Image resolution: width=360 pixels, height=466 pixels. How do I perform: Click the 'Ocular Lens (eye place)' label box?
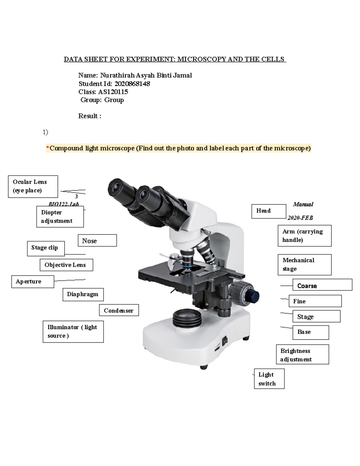pyautogui.click(x=33, y=186)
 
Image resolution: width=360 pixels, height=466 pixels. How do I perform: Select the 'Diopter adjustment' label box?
pyautogui.click(x=60, y=217)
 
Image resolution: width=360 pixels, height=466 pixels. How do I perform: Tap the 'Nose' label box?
pyautogui.click(x=97, y=241)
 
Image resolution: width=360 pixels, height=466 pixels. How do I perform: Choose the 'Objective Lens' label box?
pyautogui.click(x=66, y=265)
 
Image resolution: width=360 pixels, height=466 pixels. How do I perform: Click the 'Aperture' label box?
pyautogui.click(x=33, y=282)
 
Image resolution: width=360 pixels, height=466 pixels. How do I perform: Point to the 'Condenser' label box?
pyautogui.click(x=119, y=311)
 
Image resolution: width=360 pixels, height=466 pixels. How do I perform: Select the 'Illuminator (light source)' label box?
pyautogui.click(x=73, y=332)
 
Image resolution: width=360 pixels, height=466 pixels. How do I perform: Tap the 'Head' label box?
pyautogui.click(x=268, y=211)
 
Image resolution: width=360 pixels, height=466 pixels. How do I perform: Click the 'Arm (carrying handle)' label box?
pyautogui.click(x=304, y=236)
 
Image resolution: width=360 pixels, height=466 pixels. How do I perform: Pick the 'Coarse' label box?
pyautogui.click(x=322, y=285)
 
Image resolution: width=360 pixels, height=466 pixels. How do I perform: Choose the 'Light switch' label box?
pyautogui.click(x=269, y=379)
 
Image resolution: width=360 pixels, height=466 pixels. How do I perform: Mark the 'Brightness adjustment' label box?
pyautogui.click(x=302, y=354)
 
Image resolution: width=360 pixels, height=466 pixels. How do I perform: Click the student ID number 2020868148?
pyautogui.click(x=132, y=84)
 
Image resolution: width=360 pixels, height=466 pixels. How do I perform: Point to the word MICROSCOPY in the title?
pyautogui.click(x=202, y=59)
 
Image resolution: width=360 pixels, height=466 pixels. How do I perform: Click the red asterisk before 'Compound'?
pyautogui.click(x=47, y=148)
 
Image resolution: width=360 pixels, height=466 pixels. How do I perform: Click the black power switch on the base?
pyautogui.click(x=225, y=340)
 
